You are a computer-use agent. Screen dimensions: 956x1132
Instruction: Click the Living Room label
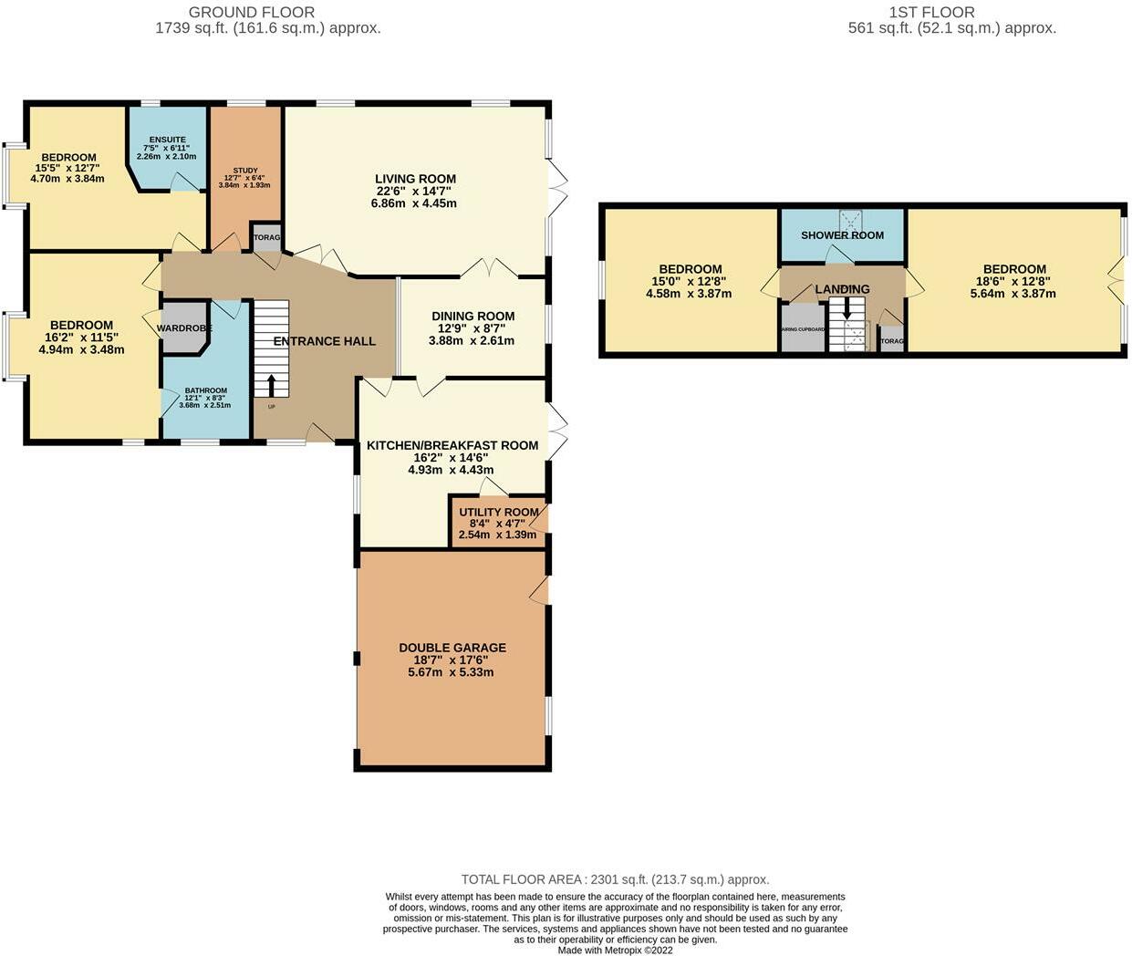pos(415,179)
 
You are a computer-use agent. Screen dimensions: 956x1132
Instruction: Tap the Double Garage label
pos(452,648)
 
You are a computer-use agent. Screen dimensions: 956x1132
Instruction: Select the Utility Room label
pos(498,512)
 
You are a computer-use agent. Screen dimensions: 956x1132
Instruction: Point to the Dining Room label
pos(473,317)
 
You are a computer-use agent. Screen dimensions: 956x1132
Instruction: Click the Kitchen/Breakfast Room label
pos(452,445)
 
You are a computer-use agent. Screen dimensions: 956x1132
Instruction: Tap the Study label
pos(244,171)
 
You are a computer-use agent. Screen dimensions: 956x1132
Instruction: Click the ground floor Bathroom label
pos(205,390)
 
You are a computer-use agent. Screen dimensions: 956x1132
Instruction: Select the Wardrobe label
pos(184,328)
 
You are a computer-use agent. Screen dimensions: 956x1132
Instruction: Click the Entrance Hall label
pos(325,341)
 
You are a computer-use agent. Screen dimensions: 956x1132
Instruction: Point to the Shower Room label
pos(842,234)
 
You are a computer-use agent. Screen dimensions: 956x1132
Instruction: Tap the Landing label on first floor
pos(842,289)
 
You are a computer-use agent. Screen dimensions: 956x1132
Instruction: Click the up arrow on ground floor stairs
pos(271,384)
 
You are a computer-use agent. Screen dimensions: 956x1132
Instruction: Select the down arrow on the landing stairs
pos(846,307)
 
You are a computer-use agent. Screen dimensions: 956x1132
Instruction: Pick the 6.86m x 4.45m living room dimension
pos(414,203)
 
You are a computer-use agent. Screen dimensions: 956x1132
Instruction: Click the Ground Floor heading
pos(252,12)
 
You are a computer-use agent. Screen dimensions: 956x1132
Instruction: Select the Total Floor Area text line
pos(615,879)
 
